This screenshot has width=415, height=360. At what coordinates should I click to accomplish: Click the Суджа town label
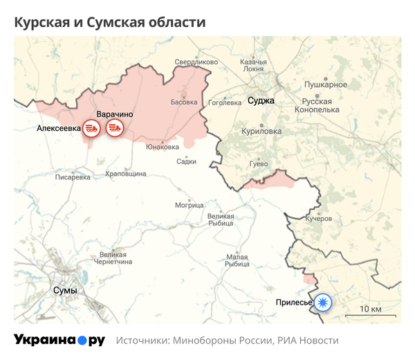(261, 101)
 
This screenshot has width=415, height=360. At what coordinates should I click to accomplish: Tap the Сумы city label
(65, 291)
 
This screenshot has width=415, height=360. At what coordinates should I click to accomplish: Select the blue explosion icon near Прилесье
(322, 302)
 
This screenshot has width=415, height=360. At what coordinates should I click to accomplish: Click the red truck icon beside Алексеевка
(91, 127)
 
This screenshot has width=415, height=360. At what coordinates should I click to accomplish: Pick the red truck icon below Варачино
(114, 127)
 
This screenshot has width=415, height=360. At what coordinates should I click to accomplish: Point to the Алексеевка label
(58, 128)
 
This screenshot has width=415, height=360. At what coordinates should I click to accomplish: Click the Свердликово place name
(196, 62)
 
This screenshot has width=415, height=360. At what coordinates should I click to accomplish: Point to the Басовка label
(184, 102)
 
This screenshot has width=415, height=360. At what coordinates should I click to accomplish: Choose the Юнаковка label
(163, 146)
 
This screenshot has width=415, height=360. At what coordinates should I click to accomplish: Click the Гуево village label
(258, 163)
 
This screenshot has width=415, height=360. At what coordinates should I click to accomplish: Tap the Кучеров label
(319, 218)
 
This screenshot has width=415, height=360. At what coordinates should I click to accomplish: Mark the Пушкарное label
(326, 84)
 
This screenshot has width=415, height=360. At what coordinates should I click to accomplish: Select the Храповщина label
(125, 174)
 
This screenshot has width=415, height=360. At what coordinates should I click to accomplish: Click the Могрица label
(189, 205)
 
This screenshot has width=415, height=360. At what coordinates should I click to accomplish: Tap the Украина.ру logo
(59, 340)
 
